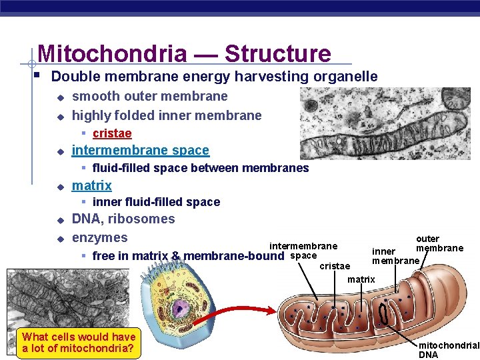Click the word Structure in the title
(277, 53)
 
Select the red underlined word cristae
(112, 133)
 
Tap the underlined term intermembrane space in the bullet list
(140, 151)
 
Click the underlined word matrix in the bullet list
(91, 185)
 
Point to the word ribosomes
(141, 219)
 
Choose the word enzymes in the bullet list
(99, 237)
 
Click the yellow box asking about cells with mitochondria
(79, 343)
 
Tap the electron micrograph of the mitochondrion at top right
(385, 124)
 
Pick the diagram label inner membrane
(396, 256)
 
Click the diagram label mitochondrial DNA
(448, 350)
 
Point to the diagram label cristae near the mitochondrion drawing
(335, 266)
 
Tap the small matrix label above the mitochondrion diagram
(361, 279)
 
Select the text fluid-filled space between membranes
(200, 168)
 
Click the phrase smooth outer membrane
(149, 97)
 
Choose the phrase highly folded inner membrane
(167, 115)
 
